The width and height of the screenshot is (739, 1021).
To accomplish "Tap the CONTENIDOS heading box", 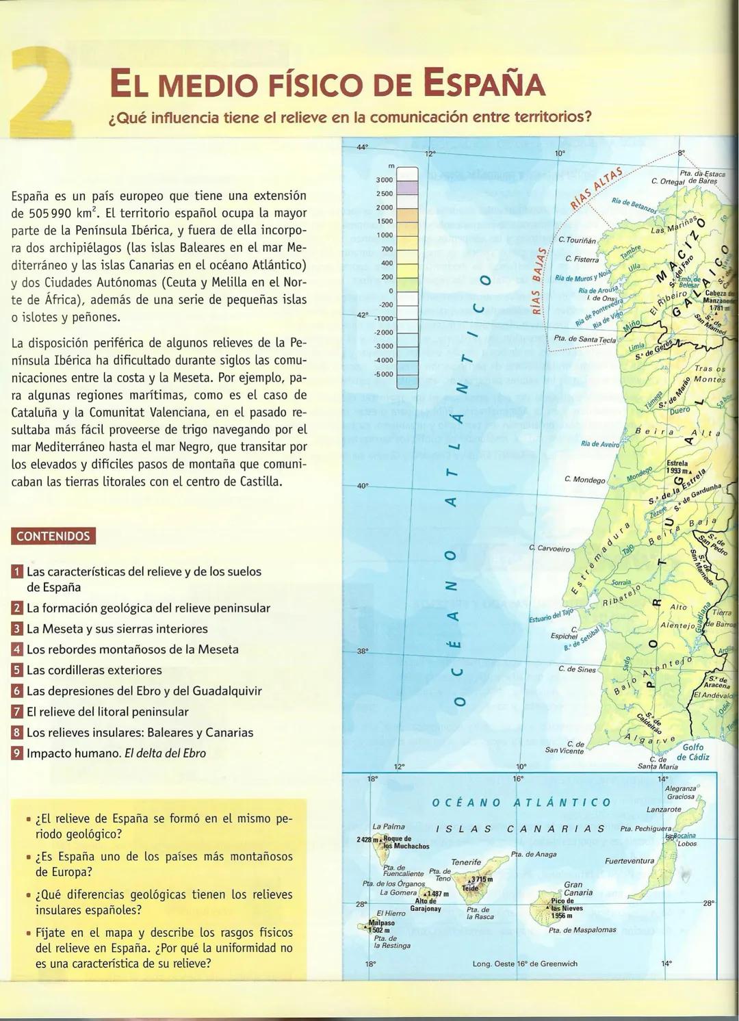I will point(53,536).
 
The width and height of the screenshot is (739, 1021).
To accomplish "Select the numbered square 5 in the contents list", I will point(17,670).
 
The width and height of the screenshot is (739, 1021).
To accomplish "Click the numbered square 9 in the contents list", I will point(17,753).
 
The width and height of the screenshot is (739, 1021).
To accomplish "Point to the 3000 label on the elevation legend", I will point(384,179).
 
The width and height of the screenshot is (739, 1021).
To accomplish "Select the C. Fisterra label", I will point(582,259).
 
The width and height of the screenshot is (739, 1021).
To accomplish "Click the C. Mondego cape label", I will point(584,479).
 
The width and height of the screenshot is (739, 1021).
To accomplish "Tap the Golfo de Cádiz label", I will point(693,752).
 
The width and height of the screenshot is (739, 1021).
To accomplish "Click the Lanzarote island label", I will point(664,810).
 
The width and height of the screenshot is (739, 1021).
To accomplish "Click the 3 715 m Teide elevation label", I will point(480,879).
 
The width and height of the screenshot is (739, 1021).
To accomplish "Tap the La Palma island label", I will point(388,827).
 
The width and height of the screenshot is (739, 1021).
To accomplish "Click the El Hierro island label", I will point(391,913).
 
